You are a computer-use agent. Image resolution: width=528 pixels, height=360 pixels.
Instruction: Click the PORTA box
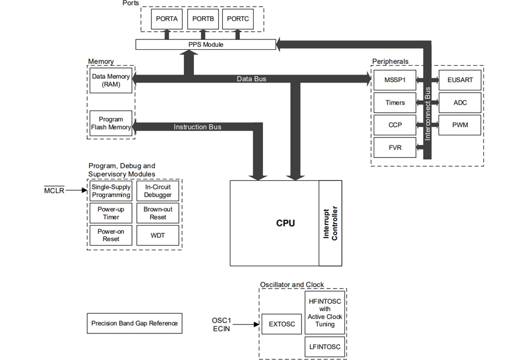[x=167, y=19]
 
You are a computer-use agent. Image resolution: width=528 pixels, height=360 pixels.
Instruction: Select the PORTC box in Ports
[x=238, y=19]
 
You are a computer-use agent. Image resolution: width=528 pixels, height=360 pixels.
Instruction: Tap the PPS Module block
[x=205, y=45]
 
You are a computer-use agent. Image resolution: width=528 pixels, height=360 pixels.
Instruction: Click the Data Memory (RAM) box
[x=111, y=80]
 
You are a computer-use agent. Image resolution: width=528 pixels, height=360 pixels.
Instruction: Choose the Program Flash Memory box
[x=111, y=123]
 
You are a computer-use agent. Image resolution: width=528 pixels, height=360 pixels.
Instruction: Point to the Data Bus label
[x=251, y=79]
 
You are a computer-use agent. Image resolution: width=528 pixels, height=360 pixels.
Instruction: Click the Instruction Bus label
[x=198, y=127]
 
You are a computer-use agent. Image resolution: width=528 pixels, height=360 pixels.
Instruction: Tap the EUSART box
[x=460, y=80]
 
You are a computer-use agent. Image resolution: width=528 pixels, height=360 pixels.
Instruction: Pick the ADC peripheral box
[x=460, y=103]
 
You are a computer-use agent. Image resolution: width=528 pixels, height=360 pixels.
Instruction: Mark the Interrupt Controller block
[x=330, y=223]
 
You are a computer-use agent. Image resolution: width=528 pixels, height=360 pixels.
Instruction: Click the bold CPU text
[x=286, y=223]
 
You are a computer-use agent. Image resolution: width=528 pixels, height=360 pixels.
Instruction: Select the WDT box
[x=158, y=236]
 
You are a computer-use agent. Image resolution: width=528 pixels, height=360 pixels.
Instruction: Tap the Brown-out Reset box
[x=158, y=213]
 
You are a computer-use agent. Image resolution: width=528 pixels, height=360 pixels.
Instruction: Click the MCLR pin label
[x=54, y=191]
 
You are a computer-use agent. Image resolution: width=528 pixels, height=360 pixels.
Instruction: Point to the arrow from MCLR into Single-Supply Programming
[x=77, y=191]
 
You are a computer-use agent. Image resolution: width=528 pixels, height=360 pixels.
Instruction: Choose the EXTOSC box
[x=282, y=324]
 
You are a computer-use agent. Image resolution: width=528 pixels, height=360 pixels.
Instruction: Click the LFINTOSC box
[x=325, y=347]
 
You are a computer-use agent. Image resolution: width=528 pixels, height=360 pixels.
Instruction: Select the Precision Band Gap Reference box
[x=134, y=323]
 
